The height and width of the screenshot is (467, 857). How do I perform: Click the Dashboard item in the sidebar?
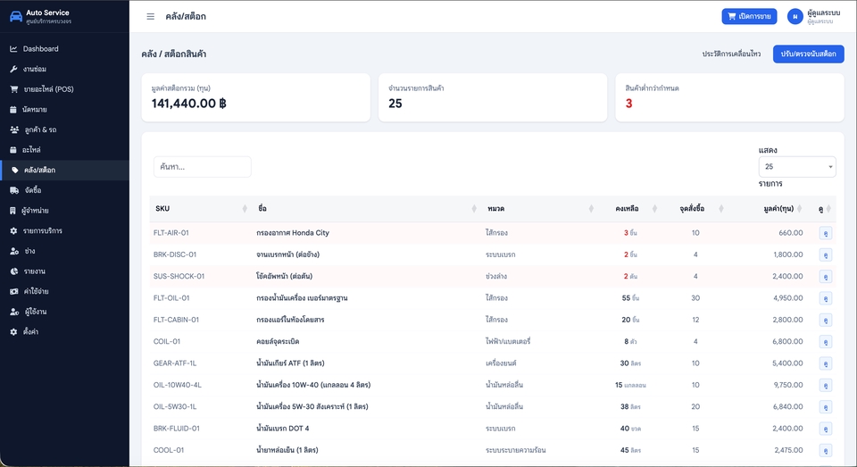[x=40, y=49]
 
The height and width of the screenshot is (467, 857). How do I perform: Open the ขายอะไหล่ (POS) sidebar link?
[x=48, y=89]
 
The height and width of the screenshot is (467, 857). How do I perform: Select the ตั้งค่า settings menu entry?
[x=30, y=332]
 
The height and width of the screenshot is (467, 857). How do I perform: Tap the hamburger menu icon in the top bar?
[x=150, y=16]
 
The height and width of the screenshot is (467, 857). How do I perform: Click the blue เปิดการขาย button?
[x=749, y=16]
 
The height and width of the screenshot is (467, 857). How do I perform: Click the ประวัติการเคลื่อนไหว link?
[x=731, y=54]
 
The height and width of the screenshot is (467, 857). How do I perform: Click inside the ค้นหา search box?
[x=203, y=167]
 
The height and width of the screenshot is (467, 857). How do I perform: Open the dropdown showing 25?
[x=797, y=167]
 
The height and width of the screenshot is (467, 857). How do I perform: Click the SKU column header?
[x=162, y=208]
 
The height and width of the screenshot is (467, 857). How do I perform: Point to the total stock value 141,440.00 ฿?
[x=188, y=104]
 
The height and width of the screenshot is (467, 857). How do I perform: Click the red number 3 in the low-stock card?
[x=628, y=104]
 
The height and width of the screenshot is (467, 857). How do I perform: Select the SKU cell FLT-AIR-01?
[x=171, y=232]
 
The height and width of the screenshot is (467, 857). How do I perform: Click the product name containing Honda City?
[x=293, y=232]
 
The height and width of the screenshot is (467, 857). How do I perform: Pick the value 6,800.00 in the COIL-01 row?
[x=787, y=341]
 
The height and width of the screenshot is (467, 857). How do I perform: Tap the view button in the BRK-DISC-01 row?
[x=825, y=254]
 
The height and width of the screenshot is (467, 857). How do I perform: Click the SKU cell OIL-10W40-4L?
[x=177, y=385]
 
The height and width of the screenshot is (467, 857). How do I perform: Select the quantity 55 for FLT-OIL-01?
[x=626, y=298]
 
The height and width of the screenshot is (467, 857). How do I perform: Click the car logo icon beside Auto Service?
[x=16, y=16]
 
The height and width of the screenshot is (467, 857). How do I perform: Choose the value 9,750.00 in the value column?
[x=787, y=385]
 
